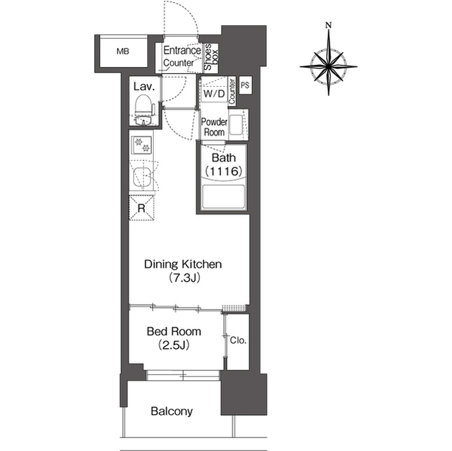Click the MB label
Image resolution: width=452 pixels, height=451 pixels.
(x=123, y=52)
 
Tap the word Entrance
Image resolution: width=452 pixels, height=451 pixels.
(x=182, y=50)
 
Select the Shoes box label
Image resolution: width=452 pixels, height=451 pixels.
(x=211, y=57)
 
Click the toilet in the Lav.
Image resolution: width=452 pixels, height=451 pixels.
(x=143, y=109)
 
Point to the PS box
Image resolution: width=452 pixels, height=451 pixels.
(x=245, y=85)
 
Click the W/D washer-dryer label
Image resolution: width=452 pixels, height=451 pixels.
(x=214, y=94)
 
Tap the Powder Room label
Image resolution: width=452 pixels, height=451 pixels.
(x=214, y=127)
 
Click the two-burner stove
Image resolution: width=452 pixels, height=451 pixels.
(x=141, y=145)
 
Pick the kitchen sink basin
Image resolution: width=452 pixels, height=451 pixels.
(x=142, y=177)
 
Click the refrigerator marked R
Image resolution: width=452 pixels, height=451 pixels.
(x=141, y=208)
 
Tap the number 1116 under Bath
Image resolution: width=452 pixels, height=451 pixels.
(x=224, y=172)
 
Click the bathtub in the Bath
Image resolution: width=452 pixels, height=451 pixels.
(x=224, y=197)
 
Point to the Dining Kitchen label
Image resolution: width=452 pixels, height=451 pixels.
(x=183, y=264)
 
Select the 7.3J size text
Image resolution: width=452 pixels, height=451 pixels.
(x=184, y=278)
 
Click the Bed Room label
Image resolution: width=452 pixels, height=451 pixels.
(x=174, y=332)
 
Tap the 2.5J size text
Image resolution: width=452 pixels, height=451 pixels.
(x=174, y=345)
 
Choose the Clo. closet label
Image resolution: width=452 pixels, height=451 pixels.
(x=238, y=340)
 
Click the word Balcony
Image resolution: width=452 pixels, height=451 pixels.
(x=172, y=411)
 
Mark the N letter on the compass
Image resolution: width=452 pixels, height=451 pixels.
(x=328, y=25)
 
